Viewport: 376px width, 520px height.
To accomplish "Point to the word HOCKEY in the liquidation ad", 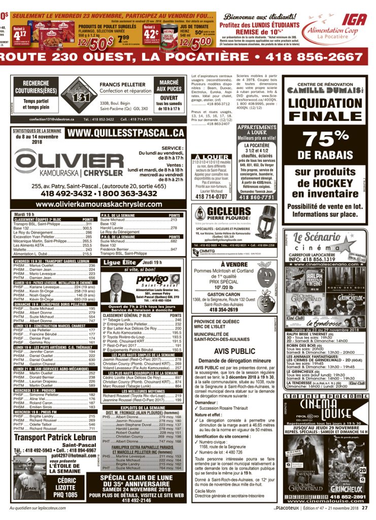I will (x=332, y=182).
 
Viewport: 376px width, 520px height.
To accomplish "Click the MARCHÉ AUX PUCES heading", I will (x=169, y=85).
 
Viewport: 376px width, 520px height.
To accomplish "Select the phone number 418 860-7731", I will (x=257, y=197).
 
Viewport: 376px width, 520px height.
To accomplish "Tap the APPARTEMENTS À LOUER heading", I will (x=257, y=130).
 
